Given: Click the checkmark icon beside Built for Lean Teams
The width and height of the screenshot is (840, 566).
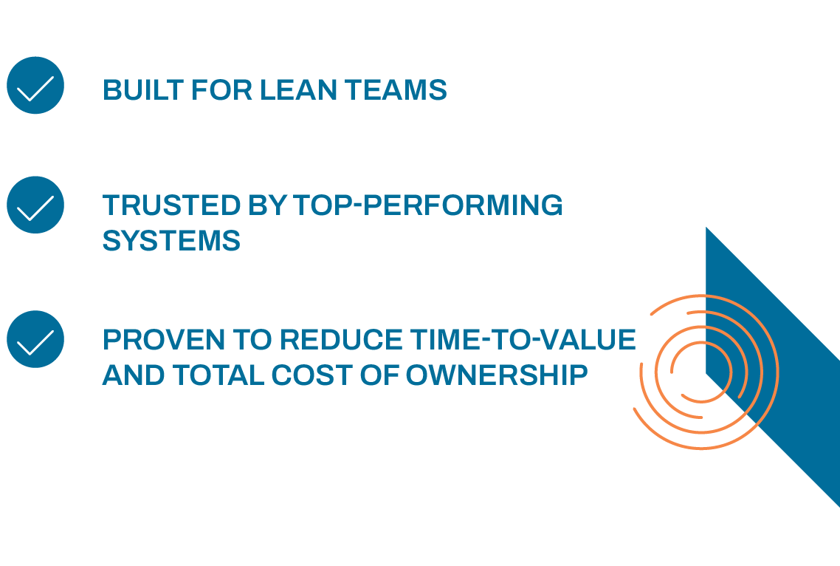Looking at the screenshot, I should tap(35, 86).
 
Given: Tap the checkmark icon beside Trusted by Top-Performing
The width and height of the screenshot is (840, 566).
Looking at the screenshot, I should tap(35, 205).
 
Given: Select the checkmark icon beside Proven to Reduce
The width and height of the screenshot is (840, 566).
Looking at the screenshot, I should tap(35, 339).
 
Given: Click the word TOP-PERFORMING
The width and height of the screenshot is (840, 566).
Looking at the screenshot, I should tap(428, 205).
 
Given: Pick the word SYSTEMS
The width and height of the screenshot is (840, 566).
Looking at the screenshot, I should tap(171, 241).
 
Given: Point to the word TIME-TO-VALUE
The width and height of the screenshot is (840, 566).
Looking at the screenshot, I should tap(520, 339).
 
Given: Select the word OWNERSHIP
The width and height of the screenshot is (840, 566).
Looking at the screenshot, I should tap(497, 375).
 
